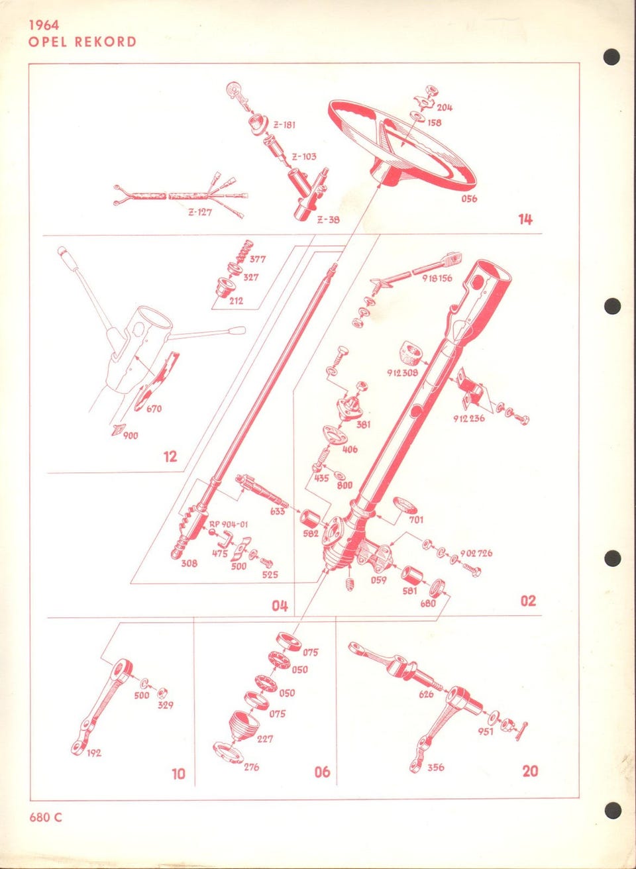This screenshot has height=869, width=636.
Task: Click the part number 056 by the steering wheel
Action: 469,199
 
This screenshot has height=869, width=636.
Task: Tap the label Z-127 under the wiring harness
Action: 200,213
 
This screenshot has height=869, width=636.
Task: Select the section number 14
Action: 526,220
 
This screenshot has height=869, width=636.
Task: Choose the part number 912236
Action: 469,419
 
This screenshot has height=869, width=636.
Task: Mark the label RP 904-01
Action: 229,524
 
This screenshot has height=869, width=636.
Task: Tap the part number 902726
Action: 476,553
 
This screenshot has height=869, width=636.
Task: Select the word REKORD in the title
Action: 105,42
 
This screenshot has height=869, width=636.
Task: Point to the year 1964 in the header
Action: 44,25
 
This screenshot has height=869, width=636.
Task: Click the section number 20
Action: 530,771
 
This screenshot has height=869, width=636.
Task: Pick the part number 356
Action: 435,768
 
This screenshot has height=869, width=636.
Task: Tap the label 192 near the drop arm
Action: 93,753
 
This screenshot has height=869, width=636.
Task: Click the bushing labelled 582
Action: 311,519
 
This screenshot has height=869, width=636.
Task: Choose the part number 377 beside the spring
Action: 258,259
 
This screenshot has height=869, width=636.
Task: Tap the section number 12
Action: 170,456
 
